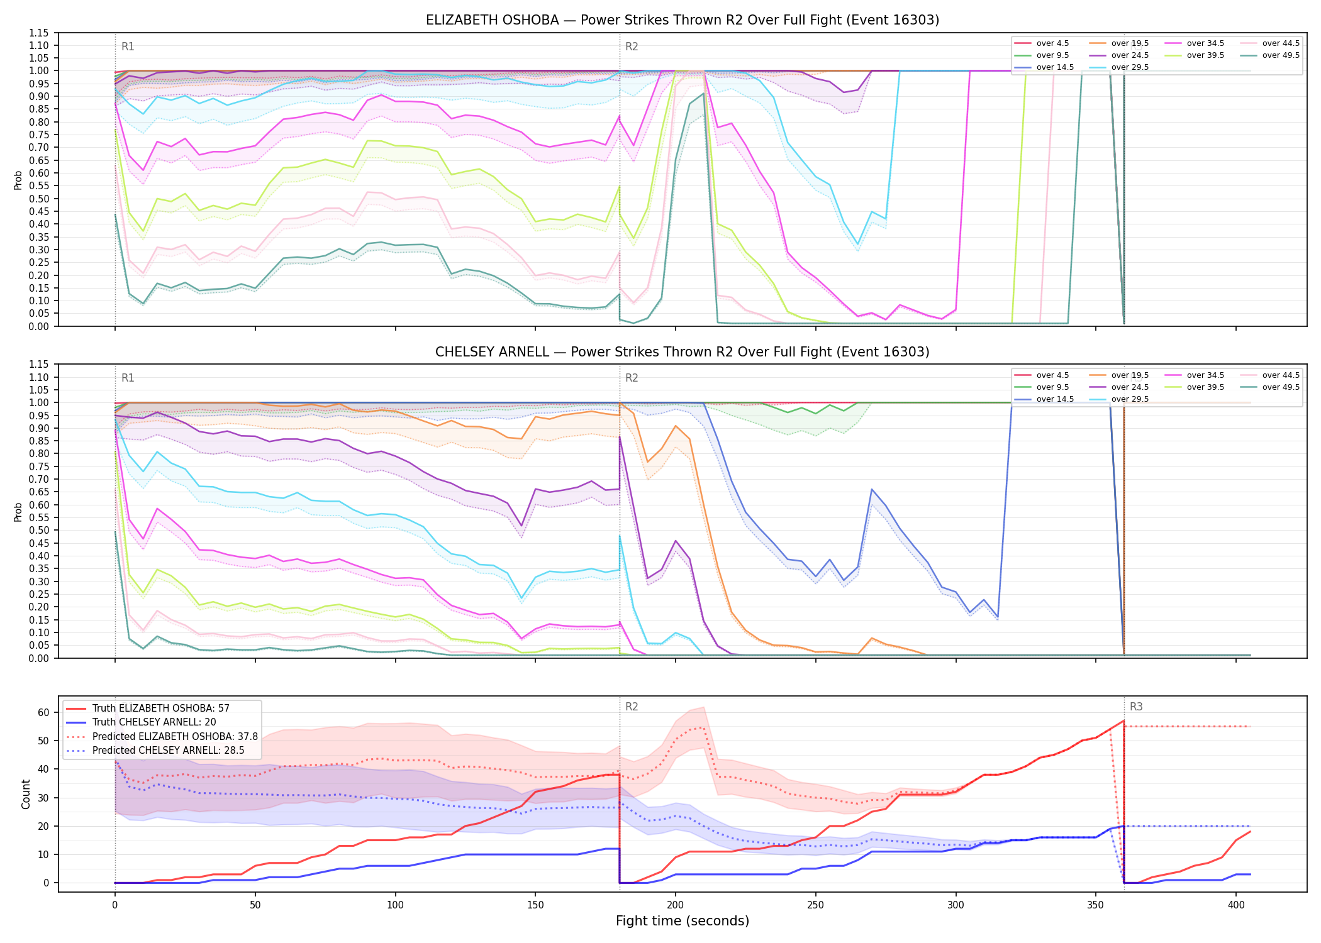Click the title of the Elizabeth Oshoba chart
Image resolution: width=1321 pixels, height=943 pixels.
click(683, 20)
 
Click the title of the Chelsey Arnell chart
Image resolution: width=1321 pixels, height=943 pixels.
click(683, 352)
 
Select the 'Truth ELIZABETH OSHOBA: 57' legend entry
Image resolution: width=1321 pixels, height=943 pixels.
click(160, 708)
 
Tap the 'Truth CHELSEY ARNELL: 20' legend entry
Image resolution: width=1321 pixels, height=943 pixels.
click(154, 722)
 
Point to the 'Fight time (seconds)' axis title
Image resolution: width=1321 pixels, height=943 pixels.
click(683, 921)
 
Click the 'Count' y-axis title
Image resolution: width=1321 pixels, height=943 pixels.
click(26, 794)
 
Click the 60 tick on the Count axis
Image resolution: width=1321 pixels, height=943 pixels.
click(43, 712)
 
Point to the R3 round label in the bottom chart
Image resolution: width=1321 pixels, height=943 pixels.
click(1136, 707)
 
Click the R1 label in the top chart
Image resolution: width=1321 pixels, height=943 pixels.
click(128, 47)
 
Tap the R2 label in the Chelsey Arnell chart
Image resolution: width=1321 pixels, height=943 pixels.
click(632, 378)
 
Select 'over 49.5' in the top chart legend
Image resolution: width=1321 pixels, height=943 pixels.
click(1281, 55)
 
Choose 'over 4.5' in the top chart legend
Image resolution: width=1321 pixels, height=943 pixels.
click(1053, 43)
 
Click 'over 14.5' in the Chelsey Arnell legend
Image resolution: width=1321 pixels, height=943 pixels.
click(1055, 399)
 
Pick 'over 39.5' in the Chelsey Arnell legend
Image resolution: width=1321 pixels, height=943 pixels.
click(1205, 387)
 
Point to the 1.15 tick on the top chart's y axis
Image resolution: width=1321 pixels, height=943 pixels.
click(39, 33)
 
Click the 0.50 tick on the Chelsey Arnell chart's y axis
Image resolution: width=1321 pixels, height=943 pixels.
click(39, 530)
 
